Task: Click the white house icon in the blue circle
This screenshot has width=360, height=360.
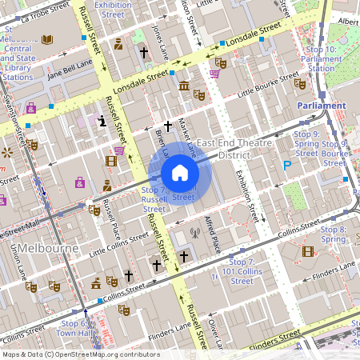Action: coord(180,173)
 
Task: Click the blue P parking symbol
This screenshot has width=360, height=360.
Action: coord(287,166)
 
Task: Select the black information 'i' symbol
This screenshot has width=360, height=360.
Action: coord(102,121)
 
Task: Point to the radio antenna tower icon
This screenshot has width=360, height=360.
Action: coord(193,234)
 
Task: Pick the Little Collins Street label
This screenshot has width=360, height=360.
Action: coord(118,250)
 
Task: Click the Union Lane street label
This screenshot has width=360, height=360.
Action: coord(17,256)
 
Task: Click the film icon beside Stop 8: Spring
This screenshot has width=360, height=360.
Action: coord(308,251)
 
